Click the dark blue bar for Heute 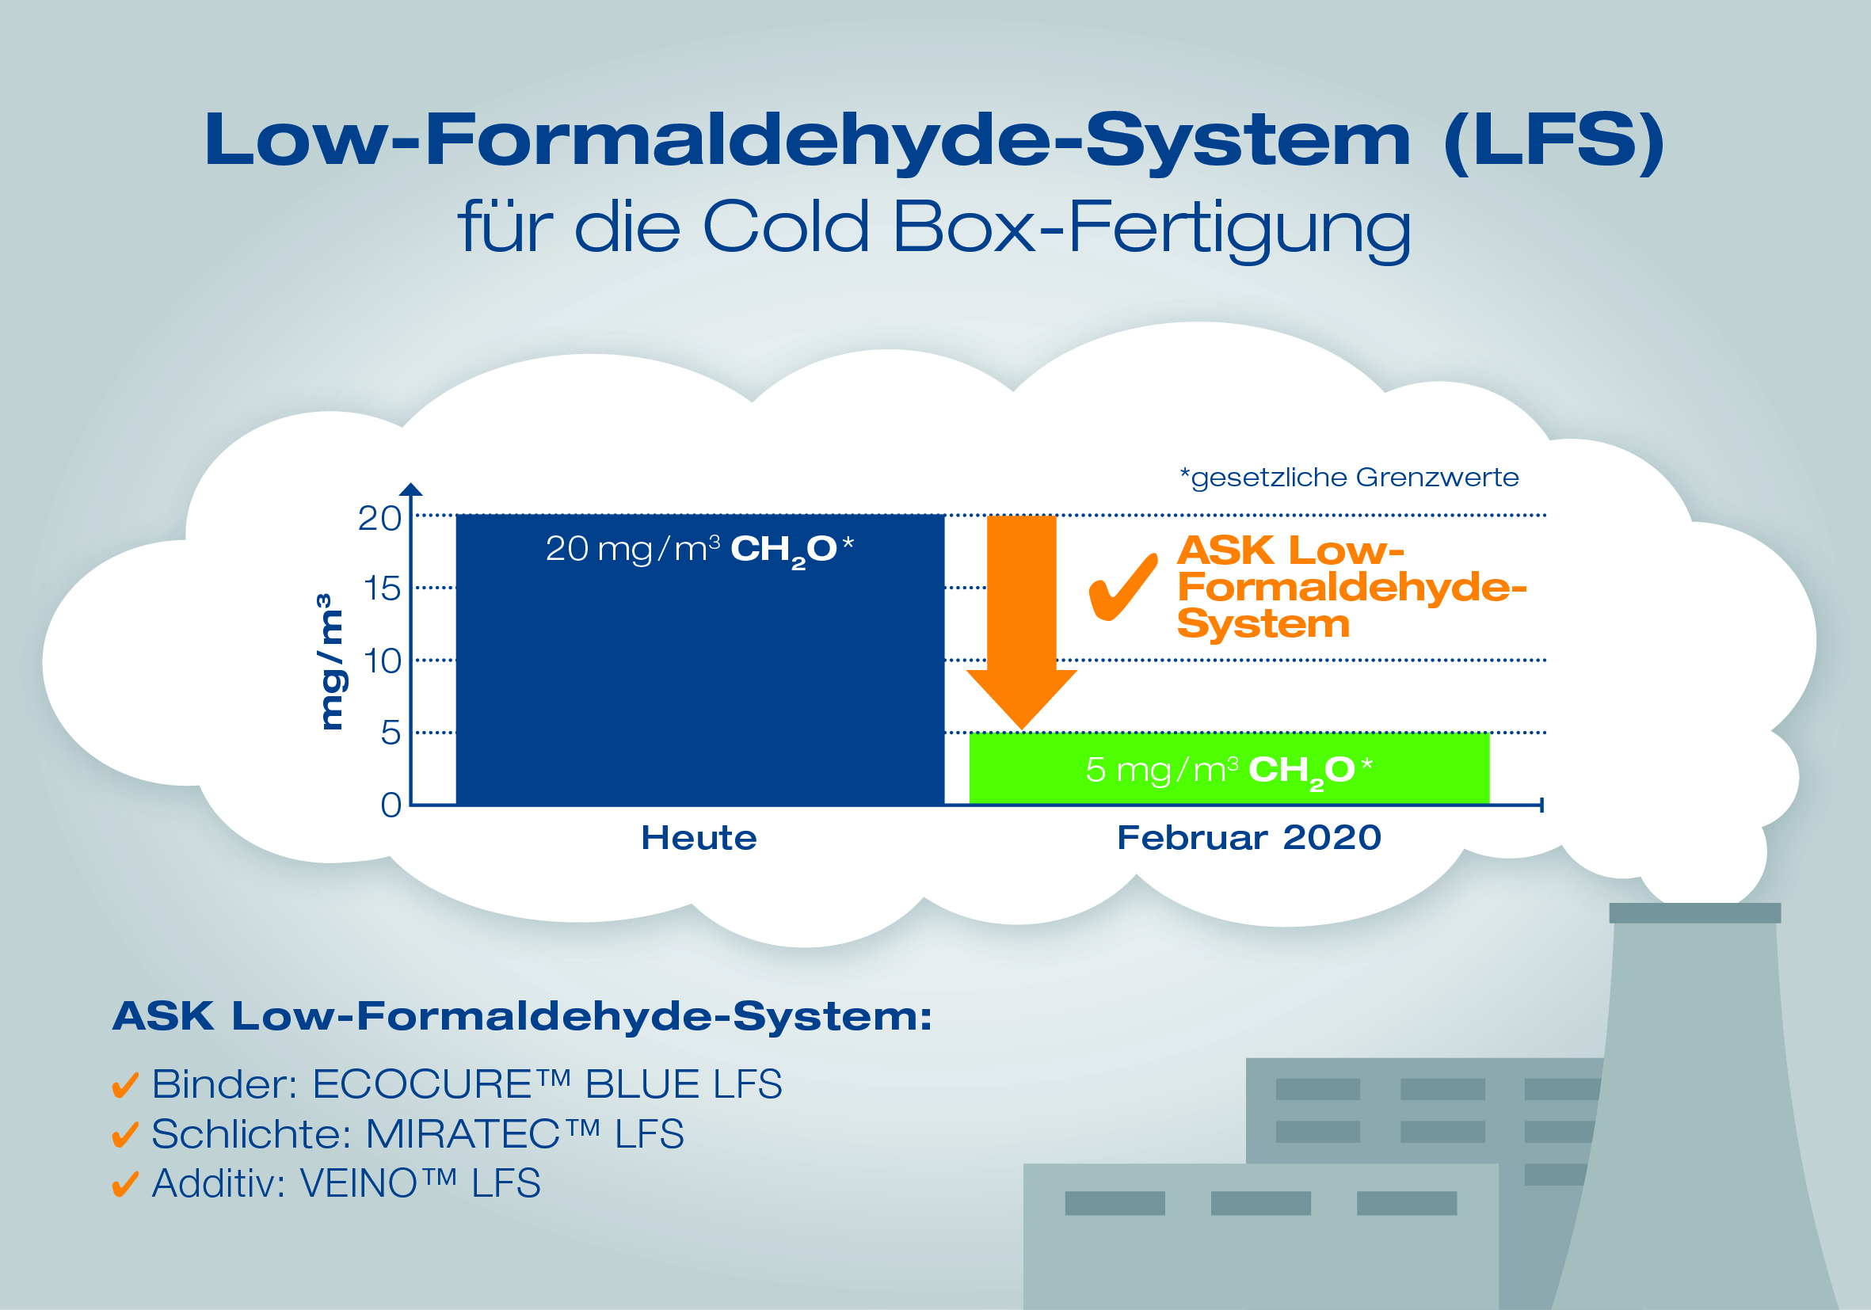point(700,660)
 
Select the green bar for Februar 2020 point(1229,768)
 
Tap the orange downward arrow point(1022,623)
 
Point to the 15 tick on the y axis point(380,588)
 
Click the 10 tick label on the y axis point(382,661)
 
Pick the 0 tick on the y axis point(391,805)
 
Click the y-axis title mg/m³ point(329,661)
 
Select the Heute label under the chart point(699,837)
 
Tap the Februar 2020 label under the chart point(1248,837)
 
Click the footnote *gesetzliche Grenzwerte point(1350,478)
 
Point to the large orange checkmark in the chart point(1123,587)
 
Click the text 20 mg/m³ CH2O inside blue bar point(699,550)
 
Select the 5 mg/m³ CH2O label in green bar point(1229,771)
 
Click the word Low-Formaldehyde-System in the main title point(807,140)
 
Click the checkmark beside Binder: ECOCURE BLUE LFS point(124,1085)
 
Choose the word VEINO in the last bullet point(359,1184)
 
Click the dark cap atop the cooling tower point(1695,912)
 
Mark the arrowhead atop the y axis point(412,489)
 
